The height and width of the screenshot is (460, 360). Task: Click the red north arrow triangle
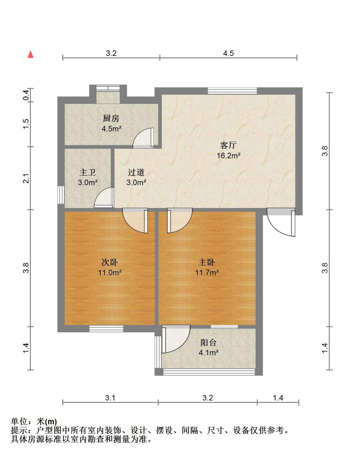31,54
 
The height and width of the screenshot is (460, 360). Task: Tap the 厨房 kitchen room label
111,118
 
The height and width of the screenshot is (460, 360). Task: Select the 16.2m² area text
228,155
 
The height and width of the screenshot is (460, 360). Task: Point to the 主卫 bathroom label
88,172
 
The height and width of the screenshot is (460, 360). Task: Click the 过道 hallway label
136,172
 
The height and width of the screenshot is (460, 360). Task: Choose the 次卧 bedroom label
110,262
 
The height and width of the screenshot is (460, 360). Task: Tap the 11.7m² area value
207,272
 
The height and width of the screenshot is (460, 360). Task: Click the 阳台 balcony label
208,343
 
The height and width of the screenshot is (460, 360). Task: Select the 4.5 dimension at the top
228,53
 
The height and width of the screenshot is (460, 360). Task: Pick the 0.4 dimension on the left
26,95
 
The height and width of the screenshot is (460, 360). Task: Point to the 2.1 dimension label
26,178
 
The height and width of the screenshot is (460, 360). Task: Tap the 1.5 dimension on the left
26,124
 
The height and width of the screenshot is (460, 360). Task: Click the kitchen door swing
143,138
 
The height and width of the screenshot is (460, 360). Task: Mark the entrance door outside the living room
281,222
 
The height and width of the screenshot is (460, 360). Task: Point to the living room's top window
232,91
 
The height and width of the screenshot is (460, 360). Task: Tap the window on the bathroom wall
61,195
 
